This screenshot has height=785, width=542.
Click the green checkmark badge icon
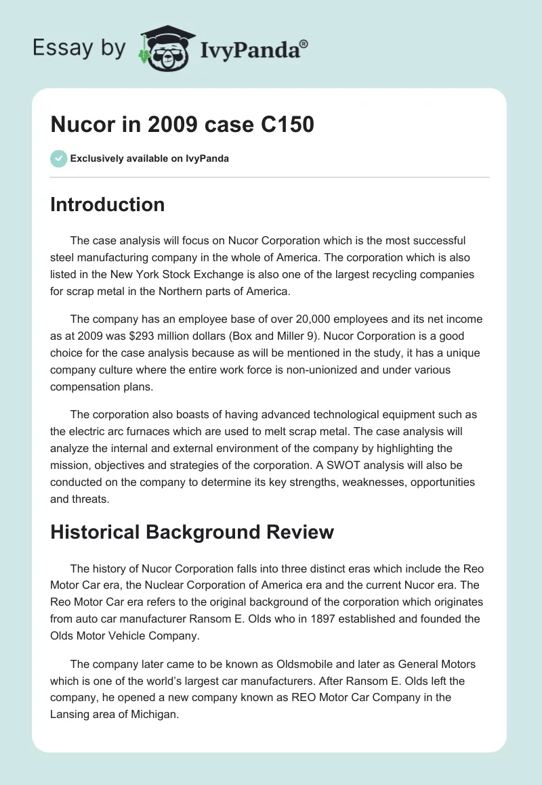[x=58, y=158]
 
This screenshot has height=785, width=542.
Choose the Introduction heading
[x=107, y=204]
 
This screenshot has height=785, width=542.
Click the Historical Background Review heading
[x=192, y=532]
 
